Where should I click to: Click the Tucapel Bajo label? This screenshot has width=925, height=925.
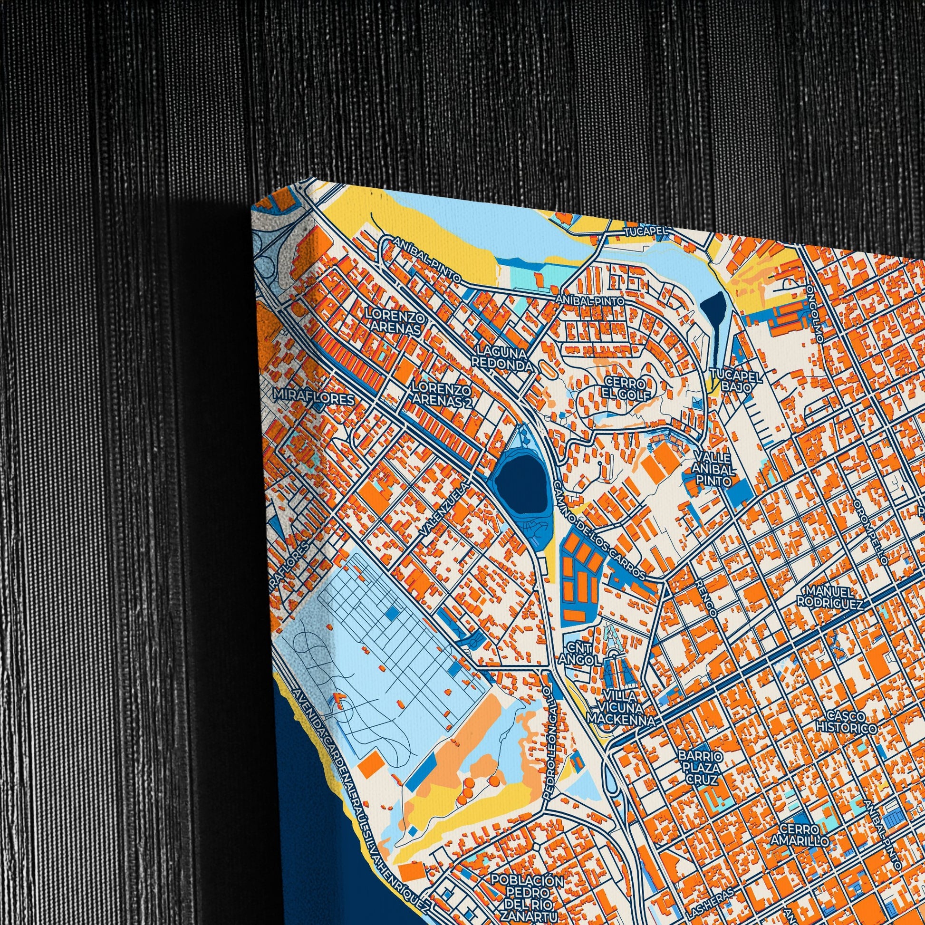click(x=736, y=381)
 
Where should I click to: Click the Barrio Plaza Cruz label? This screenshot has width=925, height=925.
click(x=701, y=769)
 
